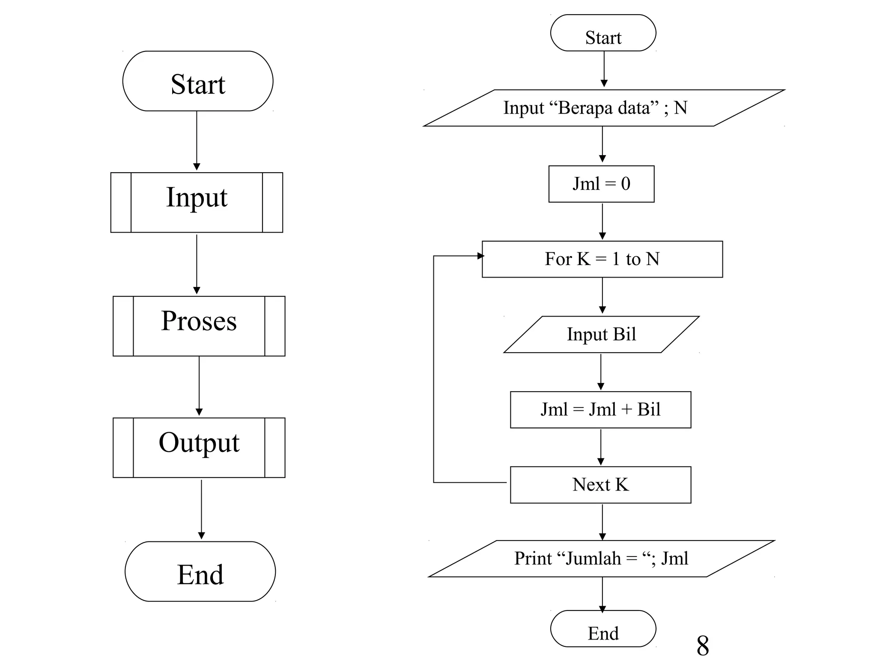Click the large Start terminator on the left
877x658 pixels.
point(198,81)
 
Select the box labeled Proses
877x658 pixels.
point(199,326)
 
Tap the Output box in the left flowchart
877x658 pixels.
point(199,447)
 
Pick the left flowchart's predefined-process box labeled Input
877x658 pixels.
point(197,202)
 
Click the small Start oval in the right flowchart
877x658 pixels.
point(603,33)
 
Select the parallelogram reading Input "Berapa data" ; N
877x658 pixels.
point(604,108)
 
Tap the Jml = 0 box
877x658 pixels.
point(601,184)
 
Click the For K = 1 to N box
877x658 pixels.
point(602,259)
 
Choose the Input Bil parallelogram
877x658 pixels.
point(601,335)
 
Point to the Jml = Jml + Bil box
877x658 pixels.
point(600,410)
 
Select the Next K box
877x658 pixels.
point(600,485)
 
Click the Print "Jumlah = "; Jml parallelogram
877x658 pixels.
point(601,559)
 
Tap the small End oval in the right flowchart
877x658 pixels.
point(603,628)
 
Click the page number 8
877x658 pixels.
point(702,645)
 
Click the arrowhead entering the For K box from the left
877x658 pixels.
point(480,256)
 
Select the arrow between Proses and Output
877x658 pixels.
point(199,386)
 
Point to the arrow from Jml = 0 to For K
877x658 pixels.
point(602,221)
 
